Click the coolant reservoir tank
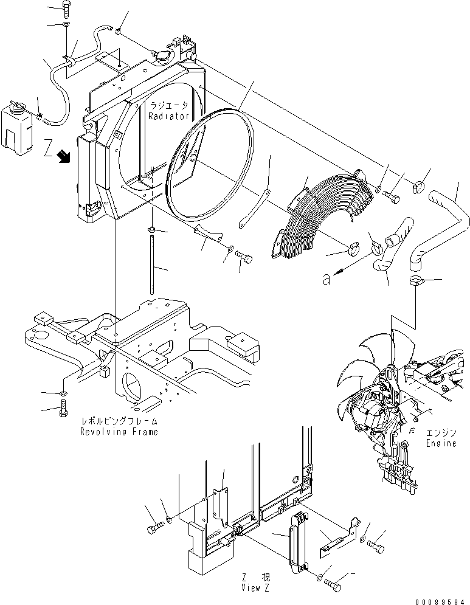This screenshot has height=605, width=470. [15, 126]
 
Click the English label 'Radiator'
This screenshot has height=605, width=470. [170, 116]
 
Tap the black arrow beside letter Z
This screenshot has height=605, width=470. [62, 158]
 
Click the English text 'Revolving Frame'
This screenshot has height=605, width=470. [119, 431]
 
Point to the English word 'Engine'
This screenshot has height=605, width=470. [441, 443]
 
